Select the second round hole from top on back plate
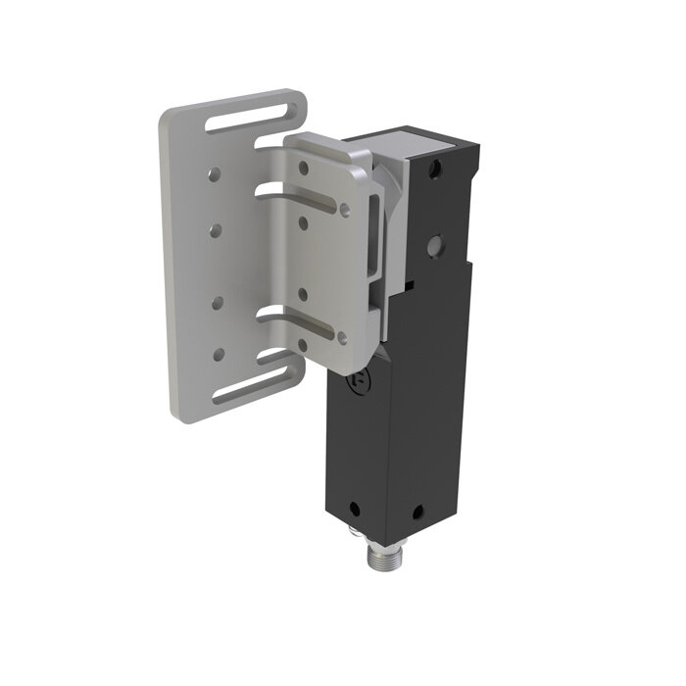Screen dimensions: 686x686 tap(215, 230)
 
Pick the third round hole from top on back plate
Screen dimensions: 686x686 tap(217, 302)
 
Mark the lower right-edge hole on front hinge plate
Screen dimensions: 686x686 tap(342, 338)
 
